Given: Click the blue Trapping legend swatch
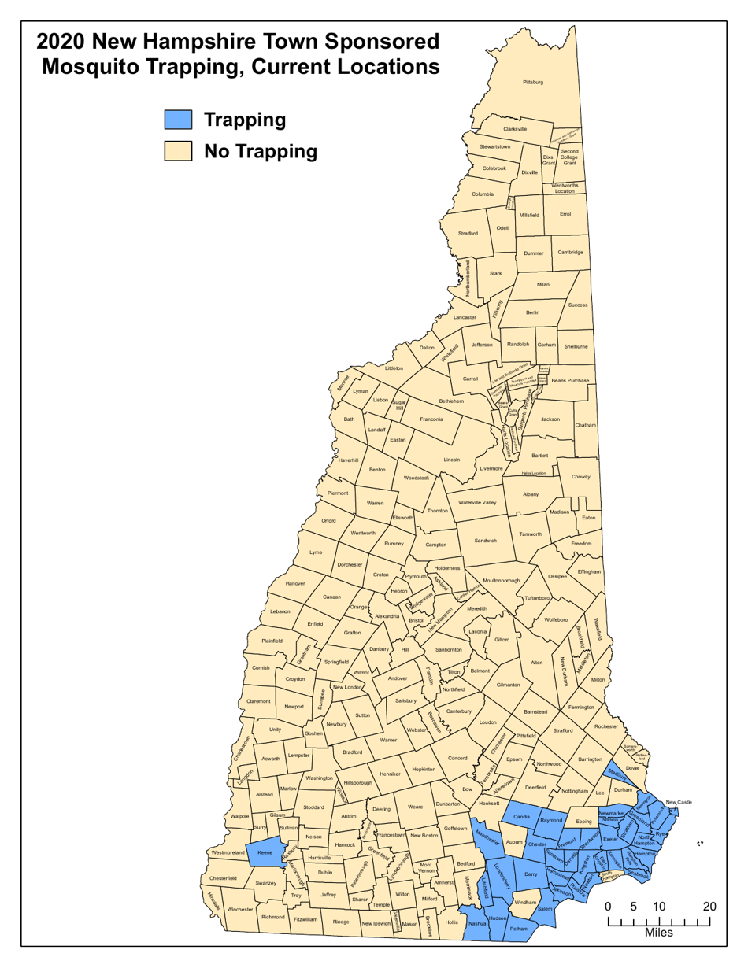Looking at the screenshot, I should coord(179,120).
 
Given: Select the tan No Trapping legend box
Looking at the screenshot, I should coord(179,150).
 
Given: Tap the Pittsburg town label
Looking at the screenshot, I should coord(532,82).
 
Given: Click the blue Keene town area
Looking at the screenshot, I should coord(265,852).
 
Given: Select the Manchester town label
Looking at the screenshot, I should coord(489,836).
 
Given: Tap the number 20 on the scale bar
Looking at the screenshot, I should coord(709,907).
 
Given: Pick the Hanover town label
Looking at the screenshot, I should coord(295,584).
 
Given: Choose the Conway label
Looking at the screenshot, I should coord(580,477).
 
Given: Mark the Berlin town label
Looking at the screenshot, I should coord(532,312).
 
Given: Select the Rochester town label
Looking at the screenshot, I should coord(607,726).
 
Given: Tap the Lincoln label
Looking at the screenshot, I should coord(451,460).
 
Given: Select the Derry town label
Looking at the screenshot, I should coord(530,874).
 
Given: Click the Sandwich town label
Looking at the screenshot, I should coord(486,541).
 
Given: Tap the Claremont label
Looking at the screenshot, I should coord(258,700).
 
